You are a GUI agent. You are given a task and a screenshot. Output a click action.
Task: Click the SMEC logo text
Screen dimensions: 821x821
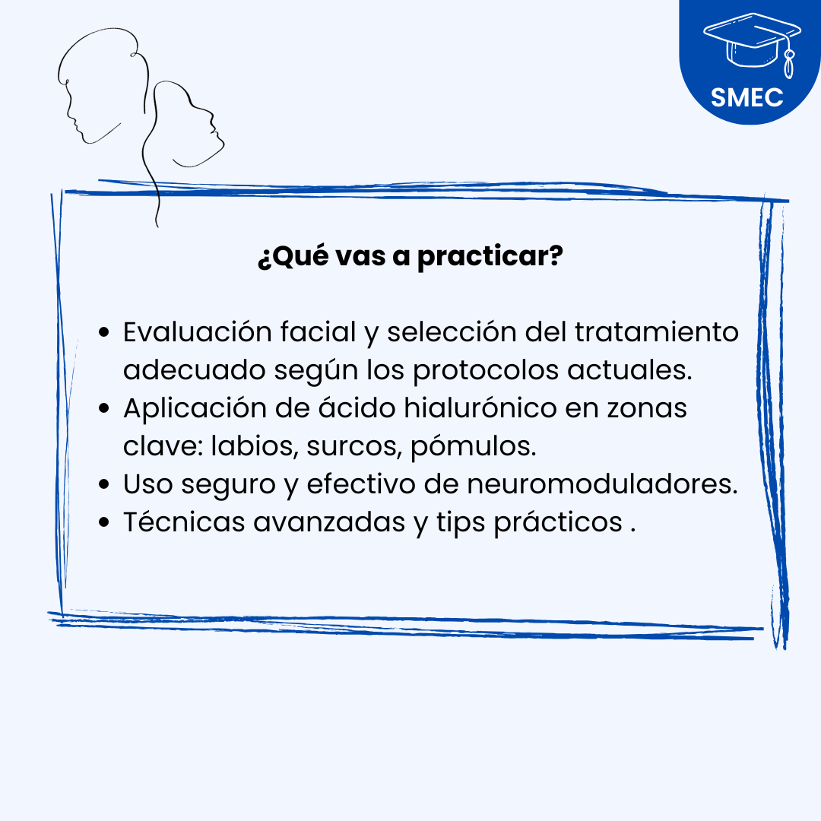747,97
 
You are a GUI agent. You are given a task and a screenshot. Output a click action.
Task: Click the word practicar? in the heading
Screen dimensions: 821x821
490,257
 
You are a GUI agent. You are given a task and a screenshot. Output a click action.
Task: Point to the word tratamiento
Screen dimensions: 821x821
657,331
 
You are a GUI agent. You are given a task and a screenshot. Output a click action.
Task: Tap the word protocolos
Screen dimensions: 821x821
486,370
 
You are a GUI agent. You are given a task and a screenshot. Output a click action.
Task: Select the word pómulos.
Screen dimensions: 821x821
474,446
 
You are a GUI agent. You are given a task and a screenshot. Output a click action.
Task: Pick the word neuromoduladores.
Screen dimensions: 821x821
602,483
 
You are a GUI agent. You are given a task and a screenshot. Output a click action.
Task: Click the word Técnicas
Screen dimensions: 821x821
184,521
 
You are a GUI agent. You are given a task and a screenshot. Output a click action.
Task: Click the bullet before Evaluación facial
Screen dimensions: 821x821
104,332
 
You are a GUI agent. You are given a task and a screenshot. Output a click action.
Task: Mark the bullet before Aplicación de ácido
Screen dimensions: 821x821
104,408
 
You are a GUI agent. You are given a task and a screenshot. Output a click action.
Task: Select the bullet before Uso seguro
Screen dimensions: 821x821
104,483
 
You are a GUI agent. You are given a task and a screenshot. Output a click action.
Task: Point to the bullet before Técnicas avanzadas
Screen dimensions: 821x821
104,522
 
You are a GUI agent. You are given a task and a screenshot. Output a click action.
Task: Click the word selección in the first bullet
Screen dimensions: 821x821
452,331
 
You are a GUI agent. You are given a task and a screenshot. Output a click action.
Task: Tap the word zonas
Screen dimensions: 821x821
647,408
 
